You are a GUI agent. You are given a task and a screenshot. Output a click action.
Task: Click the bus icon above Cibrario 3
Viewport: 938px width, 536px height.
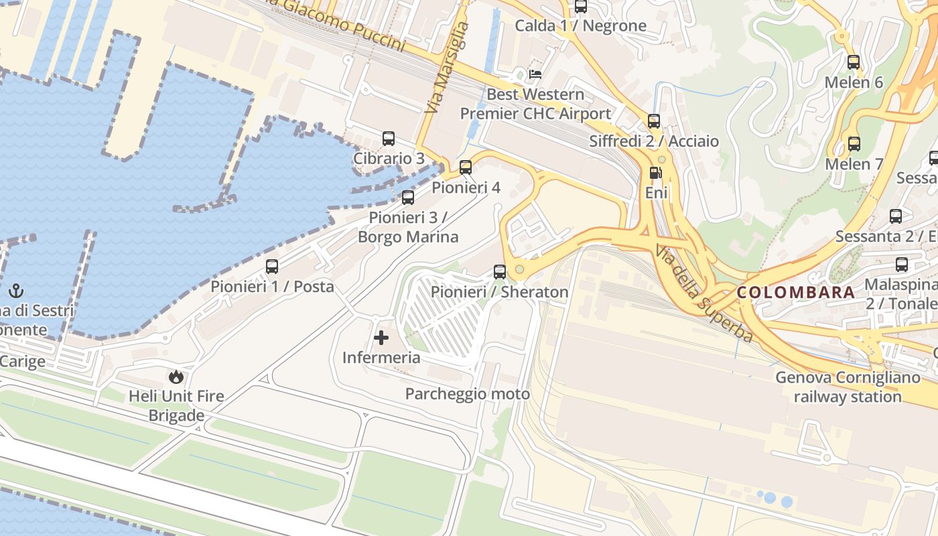[x=389, y=139]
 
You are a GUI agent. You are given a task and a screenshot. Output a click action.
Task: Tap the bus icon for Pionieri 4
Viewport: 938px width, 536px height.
[x=466, y=167]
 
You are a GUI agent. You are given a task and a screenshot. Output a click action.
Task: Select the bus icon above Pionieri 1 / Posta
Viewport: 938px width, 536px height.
[x=272, y=267]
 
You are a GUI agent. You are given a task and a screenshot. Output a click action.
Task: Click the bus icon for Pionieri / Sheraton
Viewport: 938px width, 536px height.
[x=500, y=272]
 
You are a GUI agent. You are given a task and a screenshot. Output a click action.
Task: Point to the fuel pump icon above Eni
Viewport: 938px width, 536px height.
[x=655, y=173]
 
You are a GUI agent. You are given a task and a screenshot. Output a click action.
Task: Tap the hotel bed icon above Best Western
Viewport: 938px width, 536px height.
[x=535, y=74]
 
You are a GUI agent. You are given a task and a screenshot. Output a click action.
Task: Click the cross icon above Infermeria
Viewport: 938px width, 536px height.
[x=381, y=337]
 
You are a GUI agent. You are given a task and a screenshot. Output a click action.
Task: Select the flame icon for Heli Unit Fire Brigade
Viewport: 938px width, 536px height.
[x=176, y=377]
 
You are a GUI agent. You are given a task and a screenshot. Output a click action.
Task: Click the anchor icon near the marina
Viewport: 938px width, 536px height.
[x=16, y=291]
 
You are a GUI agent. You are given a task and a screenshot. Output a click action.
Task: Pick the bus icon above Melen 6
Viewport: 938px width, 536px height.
[x=854, y=62]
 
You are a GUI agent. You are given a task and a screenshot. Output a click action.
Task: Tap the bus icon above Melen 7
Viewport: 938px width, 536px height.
[x=854, y=144]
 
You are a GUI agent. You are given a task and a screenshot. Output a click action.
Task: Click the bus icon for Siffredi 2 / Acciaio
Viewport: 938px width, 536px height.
[x=654, y=121]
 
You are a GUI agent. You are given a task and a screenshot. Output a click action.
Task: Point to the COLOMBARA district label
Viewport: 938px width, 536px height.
[x=796, y=292]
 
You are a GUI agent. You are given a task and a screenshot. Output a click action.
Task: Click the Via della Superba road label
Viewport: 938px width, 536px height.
[x=706, y=295]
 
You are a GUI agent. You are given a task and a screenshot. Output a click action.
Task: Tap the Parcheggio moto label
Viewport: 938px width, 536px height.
[x=467, y=394]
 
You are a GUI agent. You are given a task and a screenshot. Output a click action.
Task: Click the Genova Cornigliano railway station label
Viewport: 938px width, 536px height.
[x=848, y=387]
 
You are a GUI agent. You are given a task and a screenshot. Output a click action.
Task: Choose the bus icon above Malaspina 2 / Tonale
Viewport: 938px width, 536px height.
[x=902, y=265]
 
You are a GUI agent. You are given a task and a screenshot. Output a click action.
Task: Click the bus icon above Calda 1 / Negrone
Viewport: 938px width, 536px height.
[x=581, y=7]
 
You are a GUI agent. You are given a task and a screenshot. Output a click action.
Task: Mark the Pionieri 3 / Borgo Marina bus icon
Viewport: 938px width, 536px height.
[x=408, y=198]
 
